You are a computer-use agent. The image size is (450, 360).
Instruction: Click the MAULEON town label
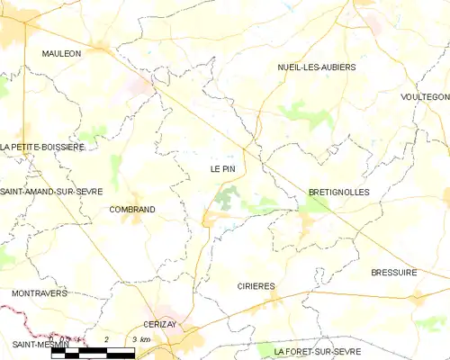tap(61, 54)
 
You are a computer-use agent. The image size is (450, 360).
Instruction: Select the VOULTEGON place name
tap(426, 96)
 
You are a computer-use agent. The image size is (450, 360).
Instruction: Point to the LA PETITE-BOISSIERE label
tap(42, 147)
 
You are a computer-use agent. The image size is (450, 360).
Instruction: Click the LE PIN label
tap(222, 168)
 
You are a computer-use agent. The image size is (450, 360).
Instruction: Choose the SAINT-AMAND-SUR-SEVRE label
tap(51, 192)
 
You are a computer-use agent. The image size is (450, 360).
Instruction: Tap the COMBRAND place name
tap(131, 210)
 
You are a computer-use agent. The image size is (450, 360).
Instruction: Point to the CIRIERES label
tap(256, 286)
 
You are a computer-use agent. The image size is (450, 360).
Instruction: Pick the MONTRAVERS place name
tap(40, 293)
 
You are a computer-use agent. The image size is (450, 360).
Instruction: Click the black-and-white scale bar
tap(94, 352)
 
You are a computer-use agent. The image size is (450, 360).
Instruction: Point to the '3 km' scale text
tap(140, 339)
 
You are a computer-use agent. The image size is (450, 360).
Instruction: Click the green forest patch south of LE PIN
tap(228, 197)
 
